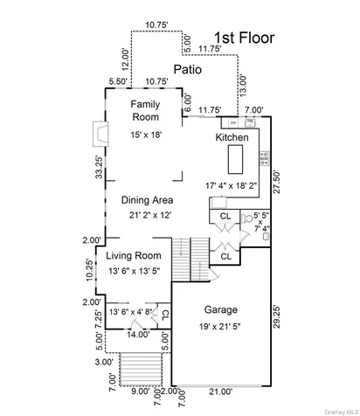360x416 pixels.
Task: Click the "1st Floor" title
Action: pos(245,38)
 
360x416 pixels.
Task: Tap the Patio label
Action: pos(188,69)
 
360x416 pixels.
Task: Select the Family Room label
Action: pos(145,110)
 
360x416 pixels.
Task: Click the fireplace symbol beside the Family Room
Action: pos(100,134)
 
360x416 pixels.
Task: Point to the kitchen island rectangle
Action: pos(235,159)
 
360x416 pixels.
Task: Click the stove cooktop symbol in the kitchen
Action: pos(265,158)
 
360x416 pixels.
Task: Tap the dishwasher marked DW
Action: pos(233,122)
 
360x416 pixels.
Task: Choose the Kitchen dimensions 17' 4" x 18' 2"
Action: pos(232,185)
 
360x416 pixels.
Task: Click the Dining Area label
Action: pos(147,200)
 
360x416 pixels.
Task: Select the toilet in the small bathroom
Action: pos(246,218)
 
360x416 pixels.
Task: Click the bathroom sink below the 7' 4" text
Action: pos(266,237)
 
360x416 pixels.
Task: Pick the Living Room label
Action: pos(134,256)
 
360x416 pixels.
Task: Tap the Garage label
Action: pos(221,309)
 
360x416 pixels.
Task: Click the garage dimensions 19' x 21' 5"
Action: pos(220,327)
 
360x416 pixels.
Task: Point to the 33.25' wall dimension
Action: pos(100,168)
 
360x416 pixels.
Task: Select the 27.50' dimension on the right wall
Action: pos(276,183)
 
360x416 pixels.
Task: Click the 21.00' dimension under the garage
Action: pos(221,392)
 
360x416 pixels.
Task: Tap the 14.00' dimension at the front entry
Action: pos(138,335)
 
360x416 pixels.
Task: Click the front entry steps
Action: pos(141,370)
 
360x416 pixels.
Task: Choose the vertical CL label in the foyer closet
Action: pos(165,315)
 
